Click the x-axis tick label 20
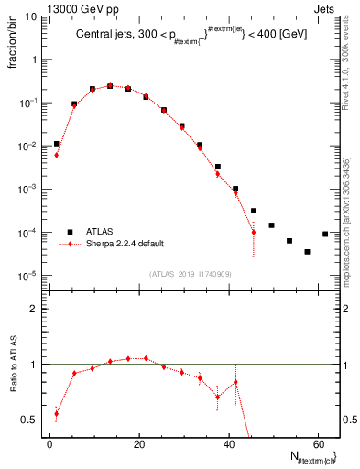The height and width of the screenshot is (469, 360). pos(138,444)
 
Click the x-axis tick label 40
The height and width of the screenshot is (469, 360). pos(228,444)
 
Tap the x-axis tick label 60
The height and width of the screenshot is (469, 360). pos(317,444)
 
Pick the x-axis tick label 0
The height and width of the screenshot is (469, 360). pos(49,444)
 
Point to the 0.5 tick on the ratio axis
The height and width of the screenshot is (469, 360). pos(29,420)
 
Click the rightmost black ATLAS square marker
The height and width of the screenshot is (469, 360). pos(325,234)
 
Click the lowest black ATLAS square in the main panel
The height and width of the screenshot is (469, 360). pos(307,251)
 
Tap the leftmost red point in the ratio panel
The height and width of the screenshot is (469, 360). pos(57,413)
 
